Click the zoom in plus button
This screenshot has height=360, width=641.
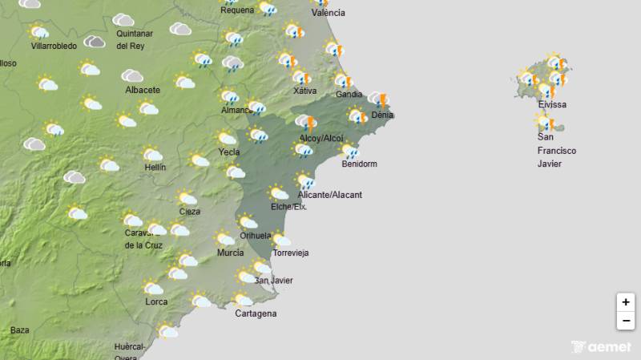[626, 302]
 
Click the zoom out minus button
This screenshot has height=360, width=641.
[626, 321]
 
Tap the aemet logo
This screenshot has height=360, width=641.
[602, 347]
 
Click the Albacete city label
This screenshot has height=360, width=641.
[143, 90]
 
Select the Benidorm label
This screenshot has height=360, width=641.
[358, 164]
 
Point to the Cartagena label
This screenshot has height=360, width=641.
[256, 313]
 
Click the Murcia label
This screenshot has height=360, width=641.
[230, 253]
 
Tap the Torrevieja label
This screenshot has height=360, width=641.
[291, 253]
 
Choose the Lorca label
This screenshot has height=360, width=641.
[156, 301]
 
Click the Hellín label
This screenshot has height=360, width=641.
[154, 168]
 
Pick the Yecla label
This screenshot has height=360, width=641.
[229, 152]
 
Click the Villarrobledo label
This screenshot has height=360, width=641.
[54, 47]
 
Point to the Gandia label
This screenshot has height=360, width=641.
[349, 95]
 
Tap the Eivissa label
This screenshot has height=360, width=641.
[552, 105]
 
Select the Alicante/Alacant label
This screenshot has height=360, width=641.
[329, 195]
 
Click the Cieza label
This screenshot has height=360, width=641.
[189, 212]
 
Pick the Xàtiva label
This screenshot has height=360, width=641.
[304, 91]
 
